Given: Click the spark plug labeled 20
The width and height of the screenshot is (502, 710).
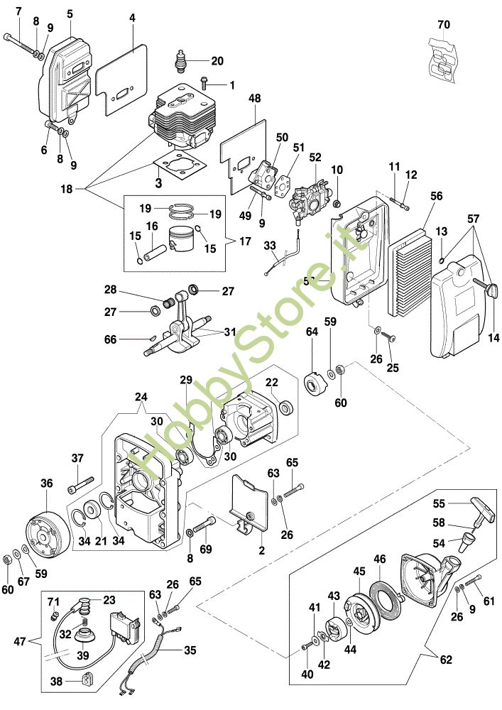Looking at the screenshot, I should pos(182,60).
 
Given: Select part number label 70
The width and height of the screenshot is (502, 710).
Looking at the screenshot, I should pos(444,24).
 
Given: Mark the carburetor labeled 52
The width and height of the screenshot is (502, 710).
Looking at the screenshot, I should pos(311,195).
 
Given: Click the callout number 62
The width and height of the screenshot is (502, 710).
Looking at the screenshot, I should pos(445,660).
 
